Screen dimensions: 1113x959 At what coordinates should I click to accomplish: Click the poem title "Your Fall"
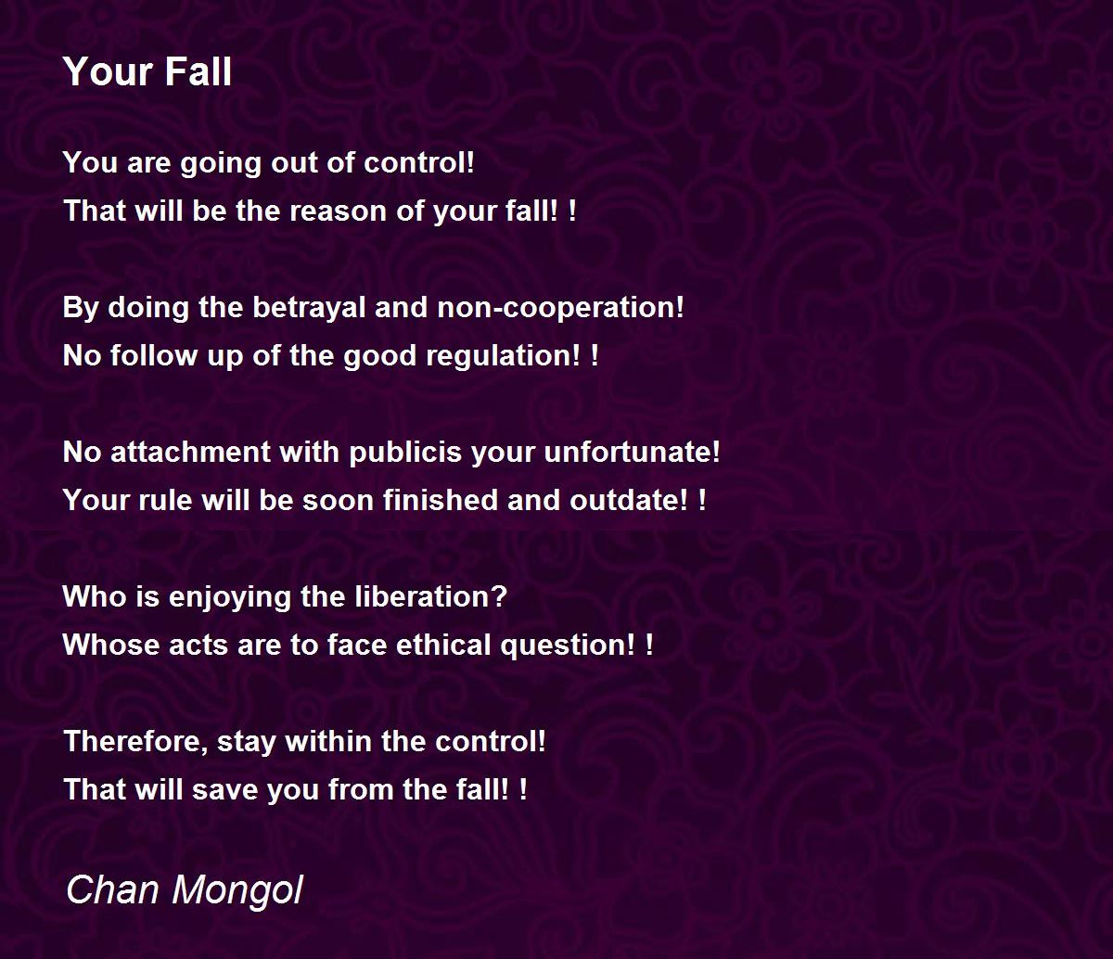point(147,71)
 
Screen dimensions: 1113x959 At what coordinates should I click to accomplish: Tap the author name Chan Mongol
point(185,890)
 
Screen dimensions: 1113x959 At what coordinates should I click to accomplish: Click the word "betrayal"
point(309,308)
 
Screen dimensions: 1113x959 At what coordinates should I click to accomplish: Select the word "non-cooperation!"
point(560,308)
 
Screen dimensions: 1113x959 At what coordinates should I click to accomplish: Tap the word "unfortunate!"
point(633,452)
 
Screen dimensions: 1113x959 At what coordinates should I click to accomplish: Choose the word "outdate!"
point(629,500)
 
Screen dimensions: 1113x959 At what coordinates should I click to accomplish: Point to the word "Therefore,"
point(135,741)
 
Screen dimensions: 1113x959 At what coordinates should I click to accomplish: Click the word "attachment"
point(190,452)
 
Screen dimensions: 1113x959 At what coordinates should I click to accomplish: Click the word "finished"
point(440,500)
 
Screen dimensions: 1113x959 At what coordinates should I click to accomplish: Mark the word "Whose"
point(111,645)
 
